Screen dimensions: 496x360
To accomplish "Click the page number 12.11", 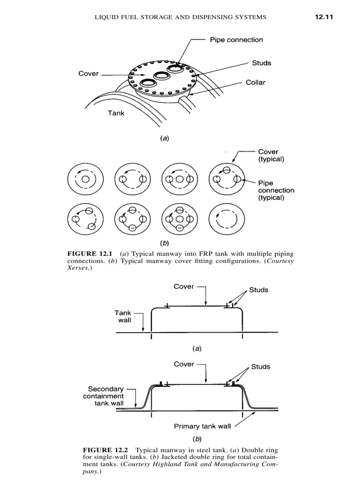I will [323, 17].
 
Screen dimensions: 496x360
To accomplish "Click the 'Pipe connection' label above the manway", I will [236, 40].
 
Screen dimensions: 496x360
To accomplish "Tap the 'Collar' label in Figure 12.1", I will [255, 83].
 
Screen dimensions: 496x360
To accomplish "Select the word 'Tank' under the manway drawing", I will [116, 113].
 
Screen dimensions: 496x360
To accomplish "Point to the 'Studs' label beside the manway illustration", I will [262, 63].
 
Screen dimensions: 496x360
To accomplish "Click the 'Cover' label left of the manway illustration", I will [88, 74].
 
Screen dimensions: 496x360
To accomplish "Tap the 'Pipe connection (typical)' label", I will [276, 190].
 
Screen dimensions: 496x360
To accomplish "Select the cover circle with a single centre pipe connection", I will [85, 179].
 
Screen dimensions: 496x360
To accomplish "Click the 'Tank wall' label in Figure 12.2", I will [124, 316].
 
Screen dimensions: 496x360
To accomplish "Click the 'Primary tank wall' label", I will [202, 427].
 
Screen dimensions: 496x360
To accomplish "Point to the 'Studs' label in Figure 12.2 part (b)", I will [261, 367].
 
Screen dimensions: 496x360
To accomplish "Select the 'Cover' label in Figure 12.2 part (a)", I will [184, 287].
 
